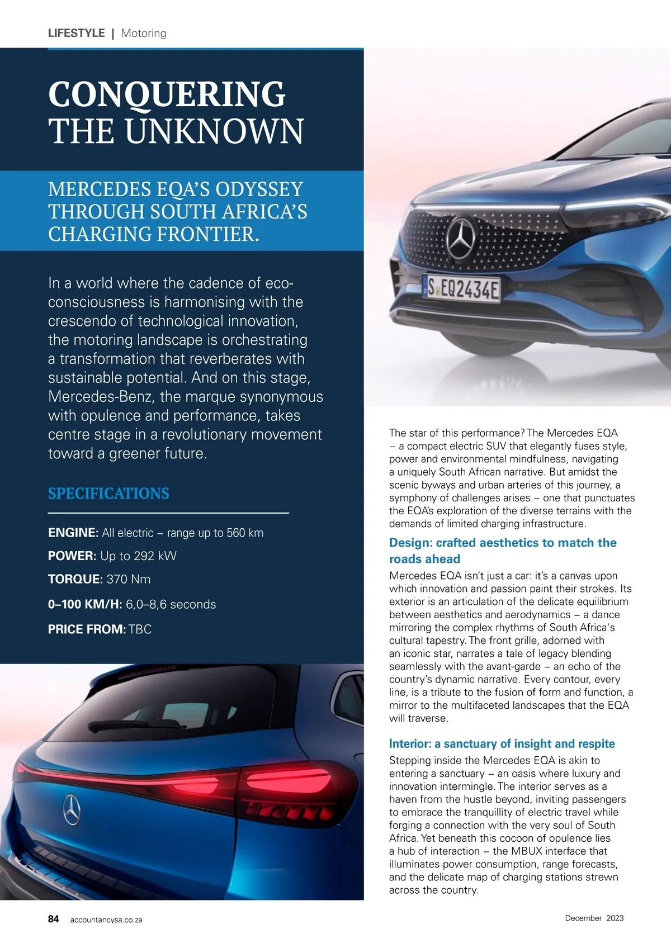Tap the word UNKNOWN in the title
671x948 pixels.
(x=214, y=131)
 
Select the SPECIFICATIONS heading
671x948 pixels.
(x=108, y=494)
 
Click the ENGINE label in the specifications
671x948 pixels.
(x=73, y=533)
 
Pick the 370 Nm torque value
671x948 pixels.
(x=128, y=579)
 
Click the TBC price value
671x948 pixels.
(x=140, y=629)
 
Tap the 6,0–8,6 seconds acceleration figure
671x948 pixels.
(x=171, y=604)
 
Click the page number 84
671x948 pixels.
(x=54, y=919)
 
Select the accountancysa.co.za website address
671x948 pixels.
(x=106, y=920)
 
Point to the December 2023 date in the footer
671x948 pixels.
(x=594, y=918)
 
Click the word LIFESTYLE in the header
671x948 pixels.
(x=76, y=33)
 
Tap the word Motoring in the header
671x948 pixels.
(x=144, y=33)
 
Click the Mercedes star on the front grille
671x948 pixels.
(x=461, y=237)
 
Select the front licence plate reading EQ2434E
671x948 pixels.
(x=462, y=289)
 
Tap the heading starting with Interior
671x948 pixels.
(x=502, y=743)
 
